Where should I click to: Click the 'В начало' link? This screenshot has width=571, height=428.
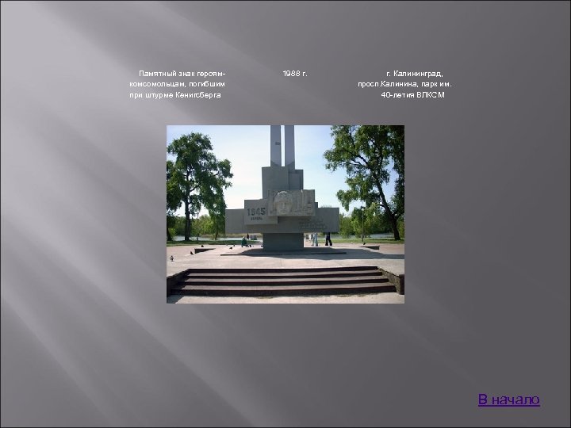(508, 399)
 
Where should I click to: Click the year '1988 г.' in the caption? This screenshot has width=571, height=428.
(295, 73)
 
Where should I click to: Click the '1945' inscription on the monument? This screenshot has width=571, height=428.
(255, 212)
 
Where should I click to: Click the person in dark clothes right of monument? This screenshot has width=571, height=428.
(328, 238)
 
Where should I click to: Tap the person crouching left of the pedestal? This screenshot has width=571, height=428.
(245, 241)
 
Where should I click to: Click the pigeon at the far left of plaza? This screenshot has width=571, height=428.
(171, 258)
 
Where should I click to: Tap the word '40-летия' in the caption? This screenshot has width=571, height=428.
(397, 95)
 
